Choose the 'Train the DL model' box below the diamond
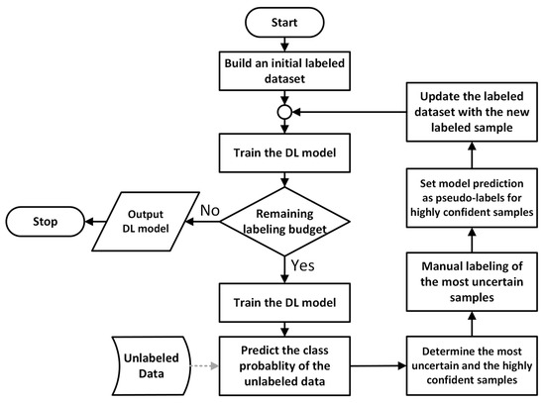coord(286,300)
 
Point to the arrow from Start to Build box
coord(286,40)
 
